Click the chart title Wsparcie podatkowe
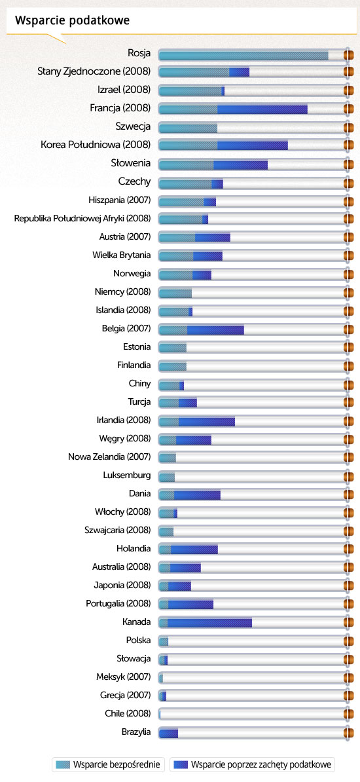point(72,20)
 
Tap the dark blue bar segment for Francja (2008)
point(262,109)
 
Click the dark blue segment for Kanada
point(209,622)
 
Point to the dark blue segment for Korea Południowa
point(252,145)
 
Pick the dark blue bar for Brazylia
point(168,732)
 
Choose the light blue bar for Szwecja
point(188,127)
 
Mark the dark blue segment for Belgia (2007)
point(215,329)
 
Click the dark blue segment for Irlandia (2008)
point(206,420)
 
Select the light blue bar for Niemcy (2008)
point(175,292)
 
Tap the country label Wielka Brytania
point(121,255)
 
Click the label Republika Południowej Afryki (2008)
point(82,219)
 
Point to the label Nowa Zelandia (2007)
point(109,456)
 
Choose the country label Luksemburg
point(126,475)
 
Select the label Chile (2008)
point(128,713)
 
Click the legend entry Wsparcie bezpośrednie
point(108,764)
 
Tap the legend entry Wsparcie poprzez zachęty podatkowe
point(253,764)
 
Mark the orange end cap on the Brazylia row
point(348,732)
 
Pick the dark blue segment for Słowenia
point(240,164)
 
